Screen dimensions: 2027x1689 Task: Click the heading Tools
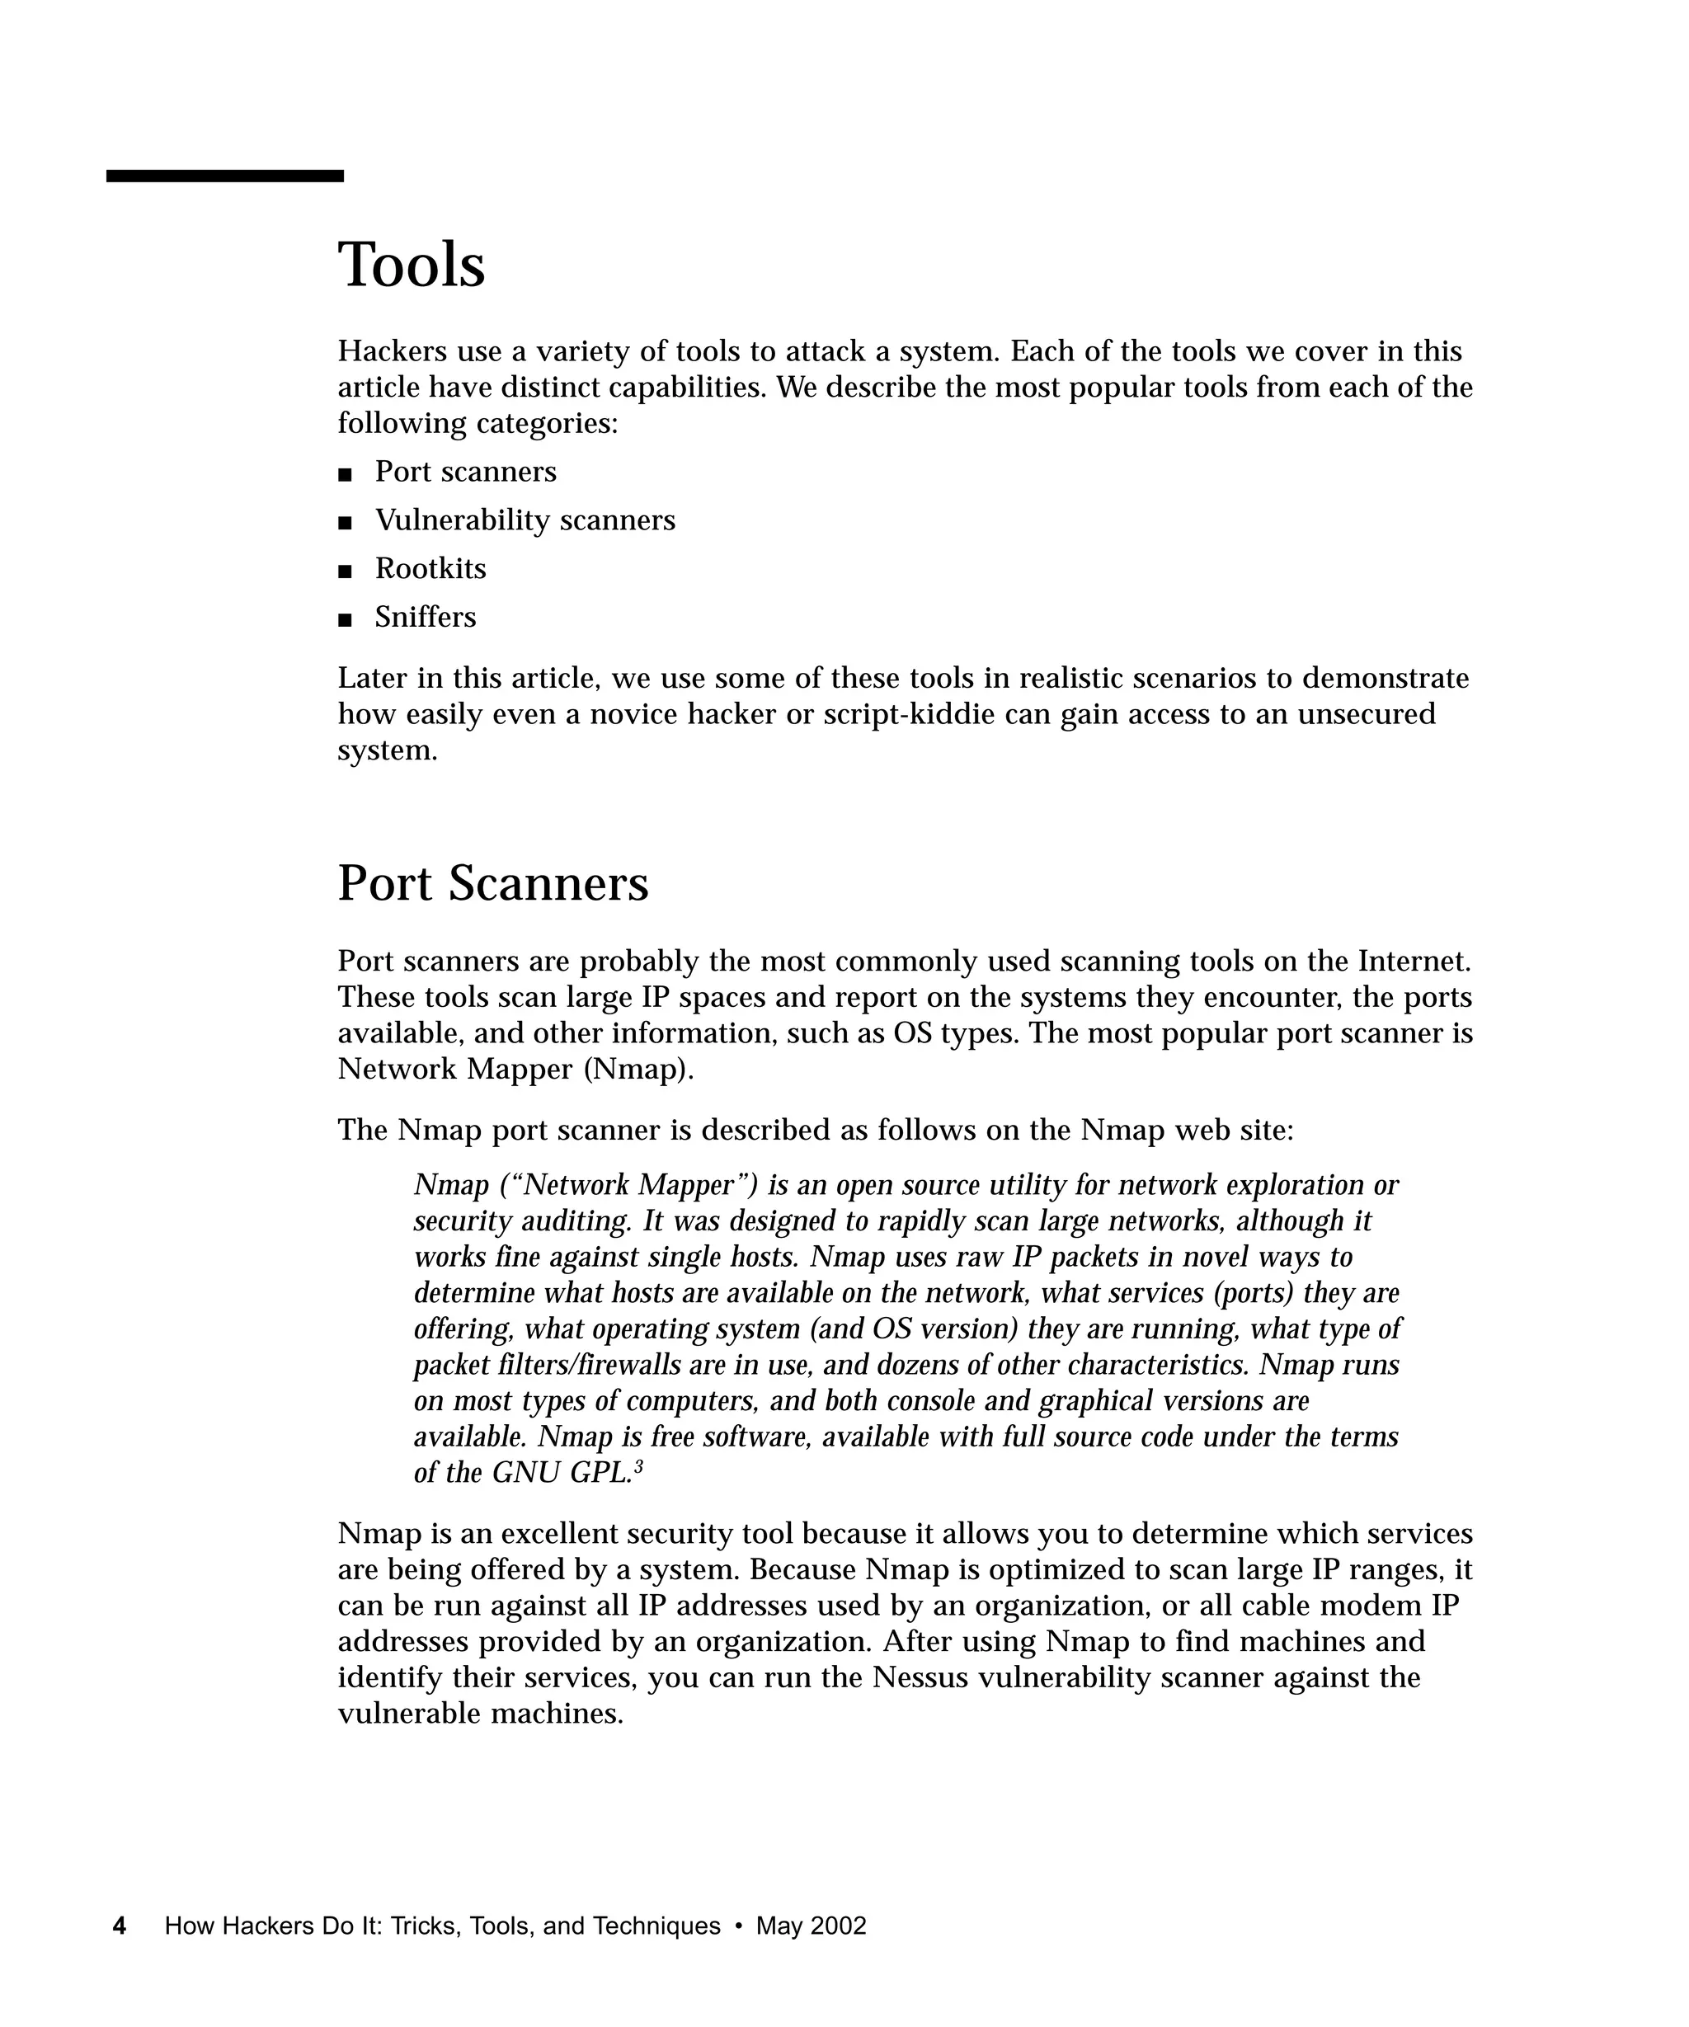coord(412,266)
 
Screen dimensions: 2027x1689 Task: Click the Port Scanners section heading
coord(492,883)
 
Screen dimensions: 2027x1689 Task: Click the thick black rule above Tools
coord(225,176)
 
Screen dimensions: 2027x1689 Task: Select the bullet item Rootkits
coord(430,568)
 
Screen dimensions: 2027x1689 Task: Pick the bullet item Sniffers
coord(425,617)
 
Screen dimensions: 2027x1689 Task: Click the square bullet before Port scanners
coord(345,474)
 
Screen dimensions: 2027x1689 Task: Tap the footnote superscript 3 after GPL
coord(638,1467)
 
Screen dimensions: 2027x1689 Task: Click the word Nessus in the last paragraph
coord(919,1677)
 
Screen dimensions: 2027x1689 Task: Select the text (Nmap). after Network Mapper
coord(638,1070)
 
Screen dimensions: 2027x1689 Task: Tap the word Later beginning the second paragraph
coord(373,679)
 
